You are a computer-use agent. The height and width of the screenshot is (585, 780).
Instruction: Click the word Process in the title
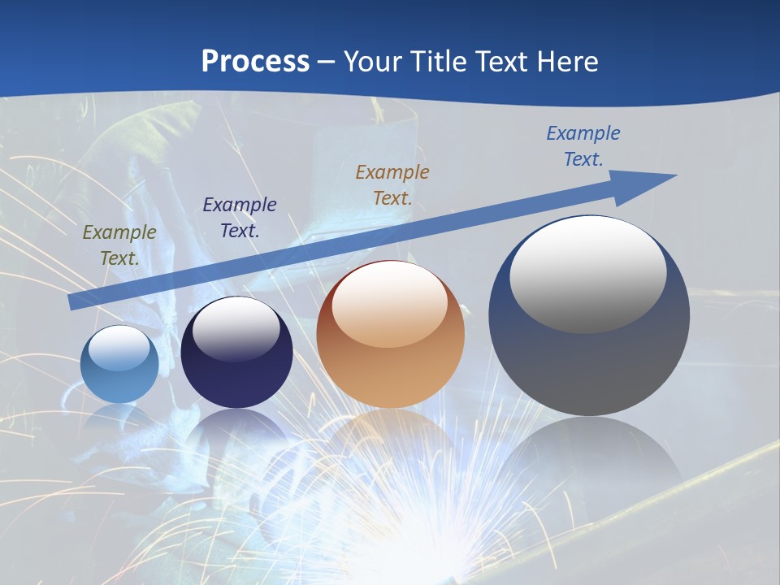click(255, 62)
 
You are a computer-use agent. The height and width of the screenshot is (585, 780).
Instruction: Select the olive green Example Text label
click(119, 245)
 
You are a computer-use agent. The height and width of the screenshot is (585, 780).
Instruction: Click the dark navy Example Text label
click(239, 218)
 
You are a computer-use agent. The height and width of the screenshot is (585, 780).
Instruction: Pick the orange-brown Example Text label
click(392, 184)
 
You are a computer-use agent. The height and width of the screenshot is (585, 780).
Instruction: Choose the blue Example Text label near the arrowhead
click(583, 146)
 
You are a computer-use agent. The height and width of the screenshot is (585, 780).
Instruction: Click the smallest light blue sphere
click(119, 365)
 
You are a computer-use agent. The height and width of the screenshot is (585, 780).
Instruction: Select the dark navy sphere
click(236, 353)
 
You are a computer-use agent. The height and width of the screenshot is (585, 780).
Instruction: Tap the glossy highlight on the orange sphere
click(389, 304)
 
